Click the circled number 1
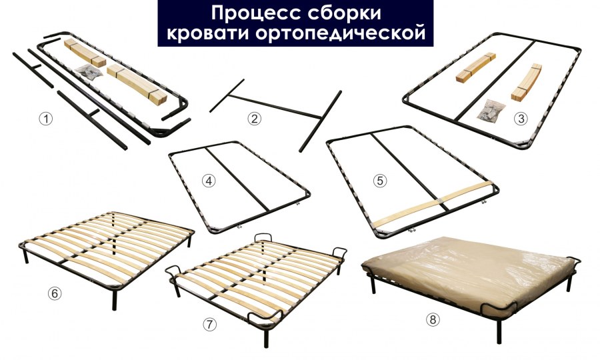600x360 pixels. (x=45, y=119)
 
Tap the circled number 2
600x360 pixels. (x=253, y=119)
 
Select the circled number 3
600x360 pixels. (x=521, y=119)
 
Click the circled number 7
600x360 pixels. (x=210, y=324)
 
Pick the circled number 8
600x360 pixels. (x=434, y=320)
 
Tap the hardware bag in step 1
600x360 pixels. (x=86, y=71)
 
